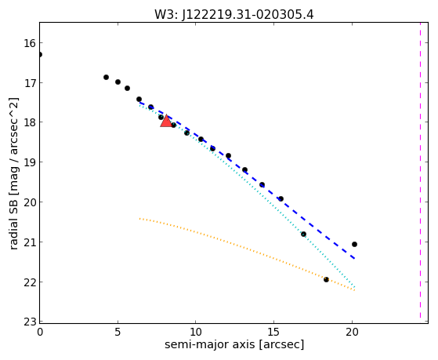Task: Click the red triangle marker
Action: tap(166, 121)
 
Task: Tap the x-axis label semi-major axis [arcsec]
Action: tap(234, 344)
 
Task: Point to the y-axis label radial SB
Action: tap(13, 223)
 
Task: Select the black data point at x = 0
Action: tap(40, 54)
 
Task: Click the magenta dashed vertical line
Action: tap(420, 170)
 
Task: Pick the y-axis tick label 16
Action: tap(29, 43)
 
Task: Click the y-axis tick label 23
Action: tap(29, 322)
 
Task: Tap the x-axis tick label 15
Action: tap(273, 332)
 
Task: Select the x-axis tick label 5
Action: tap(118, 332)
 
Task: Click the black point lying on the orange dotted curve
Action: tap(326, 279)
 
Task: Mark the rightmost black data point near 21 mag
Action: tap(354, 244)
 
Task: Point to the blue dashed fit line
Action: tap(248, 180)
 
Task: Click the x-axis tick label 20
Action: tap(352, 332)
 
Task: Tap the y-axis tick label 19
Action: tap(29, 162)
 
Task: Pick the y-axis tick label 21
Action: tap(29, 242)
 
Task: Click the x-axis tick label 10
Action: tap(196, 332)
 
